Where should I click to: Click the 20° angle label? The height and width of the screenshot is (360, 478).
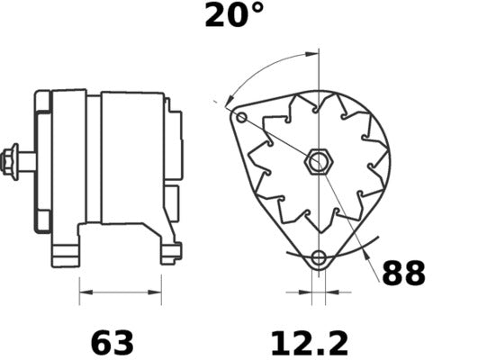click(x=235, y=15)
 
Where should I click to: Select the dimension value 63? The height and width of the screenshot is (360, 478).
click(x=112, y=343)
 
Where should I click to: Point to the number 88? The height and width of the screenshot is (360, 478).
click(x=403, y=274)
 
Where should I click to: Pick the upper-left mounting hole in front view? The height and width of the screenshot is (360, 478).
click(x=241, y=117)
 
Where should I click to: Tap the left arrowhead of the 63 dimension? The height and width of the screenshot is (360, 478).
click(x=84, y=292)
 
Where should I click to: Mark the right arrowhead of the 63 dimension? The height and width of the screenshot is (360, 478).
click(x=158, y=292)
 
